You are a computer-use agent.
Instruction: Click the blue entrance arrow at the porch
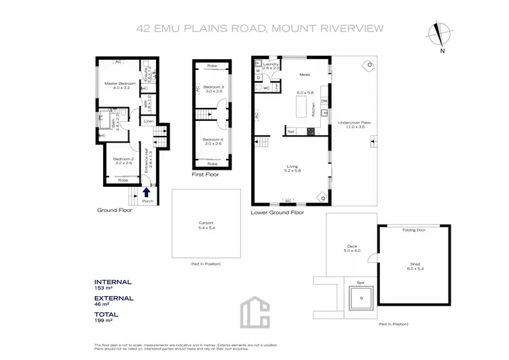(147, 193)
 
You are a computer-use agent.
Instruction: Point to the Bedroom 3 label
(213, 89)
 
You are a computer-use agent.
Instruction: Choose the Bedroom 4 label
(213, 141)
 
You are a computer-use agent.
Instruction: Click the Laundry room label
(271, 66)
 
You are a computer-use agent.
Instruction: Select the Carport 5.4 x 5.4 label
(206, 225)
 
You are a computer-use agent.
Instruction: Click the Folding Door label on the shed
(413, 230)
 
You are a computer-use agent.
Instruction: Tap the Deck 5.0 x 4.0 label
(352, 249)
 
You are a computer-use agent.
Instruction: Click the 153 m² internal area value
(103, 288)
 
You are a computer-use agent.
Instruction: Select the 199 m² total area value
(103, 321)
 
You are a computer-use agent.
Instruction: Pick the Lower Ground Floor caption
(277, 213)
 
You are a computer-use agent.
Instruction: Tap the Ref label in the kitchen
(290, 131)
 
